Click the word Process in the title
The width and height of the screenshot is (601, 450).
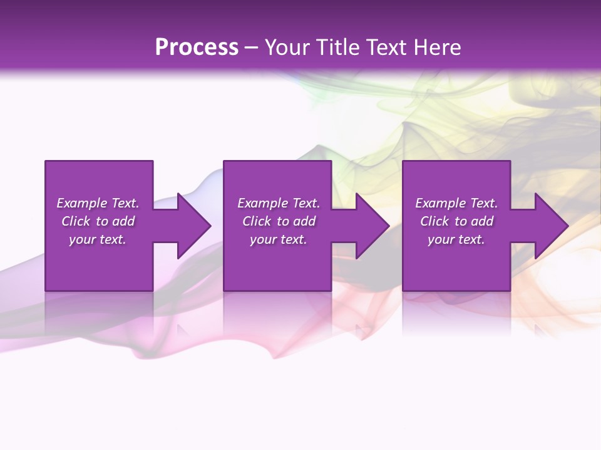(197, 47)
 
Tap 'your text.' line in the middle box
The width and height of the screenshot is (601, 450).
(278, 239)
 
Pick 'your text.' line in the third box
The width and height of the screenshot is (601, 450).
(456, 239)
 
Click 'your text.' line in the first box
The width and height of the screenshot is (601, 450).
(98, 239)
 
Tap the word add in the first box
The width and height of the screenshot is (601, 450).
(123, 221)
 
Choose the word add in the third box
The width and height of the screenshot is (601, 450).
(482, 221)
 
